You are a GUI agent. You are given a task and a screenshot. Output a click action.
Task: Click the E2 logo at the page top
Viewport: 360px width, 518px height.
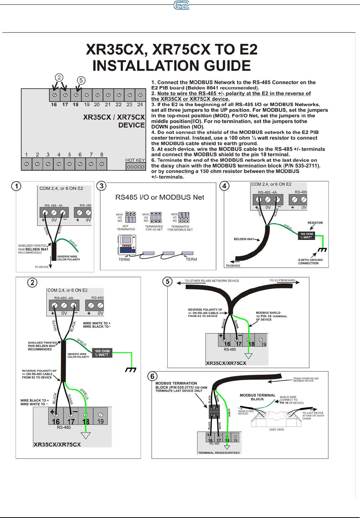point(181,5)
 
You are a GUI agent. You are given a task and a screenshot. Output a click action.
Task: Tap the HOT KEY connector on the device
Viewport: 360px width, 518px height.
point(135,167)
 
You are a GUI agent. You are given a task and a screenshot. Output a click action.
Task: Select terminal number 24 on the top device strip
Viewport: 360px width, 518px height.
point(140,104)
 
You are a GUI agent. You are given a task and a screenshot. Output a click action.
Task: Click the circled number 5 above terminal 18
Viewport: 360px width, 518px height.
point(81,80)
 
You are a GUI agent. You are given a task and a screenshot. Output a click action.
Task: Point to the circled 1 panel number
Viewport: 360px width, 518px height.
point(16,186)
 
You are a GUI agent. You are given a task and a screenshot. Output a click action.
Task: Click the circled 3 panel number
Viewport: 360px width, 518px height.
point(101,186)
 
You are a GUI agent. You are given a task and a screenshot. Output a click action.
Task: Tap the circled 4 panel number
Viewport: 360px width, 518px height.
point(224,186)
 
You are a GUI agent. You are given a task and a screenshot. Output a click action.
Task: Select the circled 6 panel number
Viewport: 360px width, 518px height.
point(152,376)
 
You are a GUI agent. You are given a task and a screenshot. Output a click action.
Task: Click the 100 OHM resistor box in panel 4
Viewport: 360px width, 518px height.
point(306,235)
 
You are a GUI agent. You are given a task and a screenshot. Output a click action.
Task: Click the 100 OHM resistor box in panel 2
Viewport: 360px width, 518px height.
point(101,352)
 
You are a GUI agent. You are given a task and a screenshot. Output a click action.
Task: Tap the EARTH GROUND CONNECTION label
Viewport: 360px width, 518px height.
point(310,261)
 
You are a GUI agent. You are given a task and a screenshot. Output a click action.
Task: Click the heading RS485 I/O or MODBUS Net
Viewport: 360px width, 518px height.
point(159,197)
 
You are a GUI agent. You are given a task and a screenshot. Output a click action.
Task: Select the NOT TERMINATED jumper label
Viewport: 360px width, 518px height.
point(126,228)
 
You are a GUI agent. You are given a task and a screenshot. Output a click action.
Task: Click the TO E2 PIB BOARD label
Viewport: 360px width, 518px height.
point(282,280)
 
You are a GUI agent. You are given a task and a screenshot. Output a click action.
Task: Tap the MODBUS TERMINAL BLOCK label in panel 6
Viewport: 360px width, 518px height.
point(257,397)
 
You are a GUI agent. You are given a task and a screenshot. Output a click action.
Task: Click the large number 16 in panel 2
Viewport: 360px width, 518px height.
point(55,421)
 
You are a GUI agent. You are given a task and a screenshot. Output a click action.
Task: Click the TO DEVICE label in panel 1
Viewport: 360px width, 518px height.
point(41,267)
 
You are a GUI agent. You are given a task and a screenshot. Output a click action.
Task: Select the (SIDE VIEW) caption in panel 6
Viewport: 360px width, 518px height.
point(277,430)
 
